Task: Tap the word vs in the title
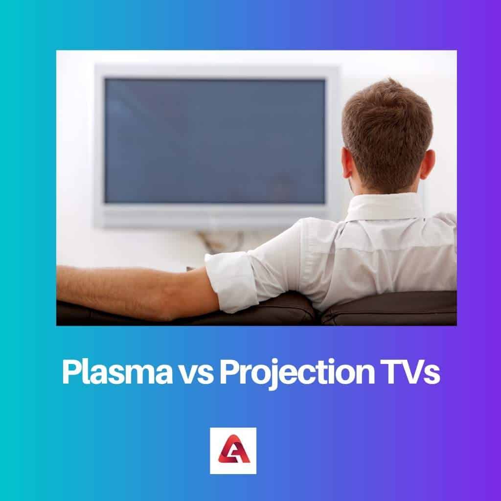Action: (200, 373)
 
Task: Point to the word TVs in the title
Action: (414, 373)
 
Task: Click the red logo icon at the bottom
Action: (233, 451)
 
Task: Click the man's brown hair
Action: (387, 127)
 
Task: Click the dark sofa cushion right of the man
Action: (391, 308)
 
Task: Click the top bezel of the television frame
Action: (215, 71)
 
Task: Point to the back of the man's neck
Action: (387, 188)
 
